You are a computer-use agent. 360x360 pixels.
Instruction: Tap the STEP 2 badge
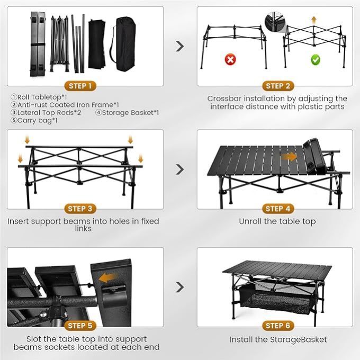pyautogui.click(x=275, y=86)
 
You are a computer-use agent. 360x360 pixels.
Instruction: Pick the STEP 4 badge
pyautogui.click(x=275, y=209)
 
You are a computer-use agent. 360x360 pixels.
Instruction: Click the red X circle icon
pyautogui.click(x=230, y=60)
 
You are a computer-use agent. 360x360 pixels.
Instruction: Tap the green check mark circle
pyautogui.click(x=315, y=60)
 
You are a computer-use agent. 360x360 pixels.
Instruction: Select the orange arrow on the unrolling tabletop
pyautogui.click(x=289, y=157)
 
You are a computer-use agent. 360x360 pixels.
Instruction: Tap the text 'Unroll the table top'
pyautogui.click(x=277, y=221)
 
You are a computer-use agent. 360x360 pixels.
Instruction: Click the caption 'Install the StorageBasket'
pyautogui.click(x=278, y=339)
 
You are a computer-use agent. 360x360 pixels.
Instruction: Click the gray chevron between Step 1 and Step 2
pyautogui.click(x=180, y=46)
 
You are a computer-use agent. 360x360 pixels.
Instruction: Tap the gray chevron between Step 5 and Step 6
pyautogui.click(x=180, y=287)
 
